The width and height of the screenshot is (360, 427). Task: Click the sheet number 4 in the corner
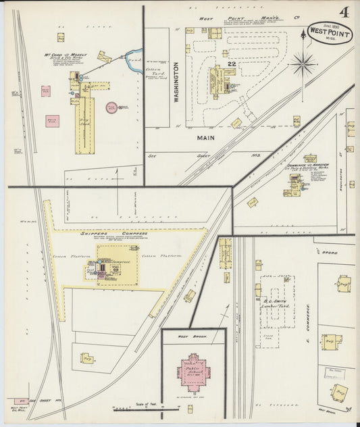click(344, 12)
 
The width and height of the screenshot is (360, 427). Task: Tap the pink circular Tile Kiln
click(111, 107)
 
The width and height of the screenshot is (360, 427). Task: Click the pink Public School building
click(193, 372)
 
